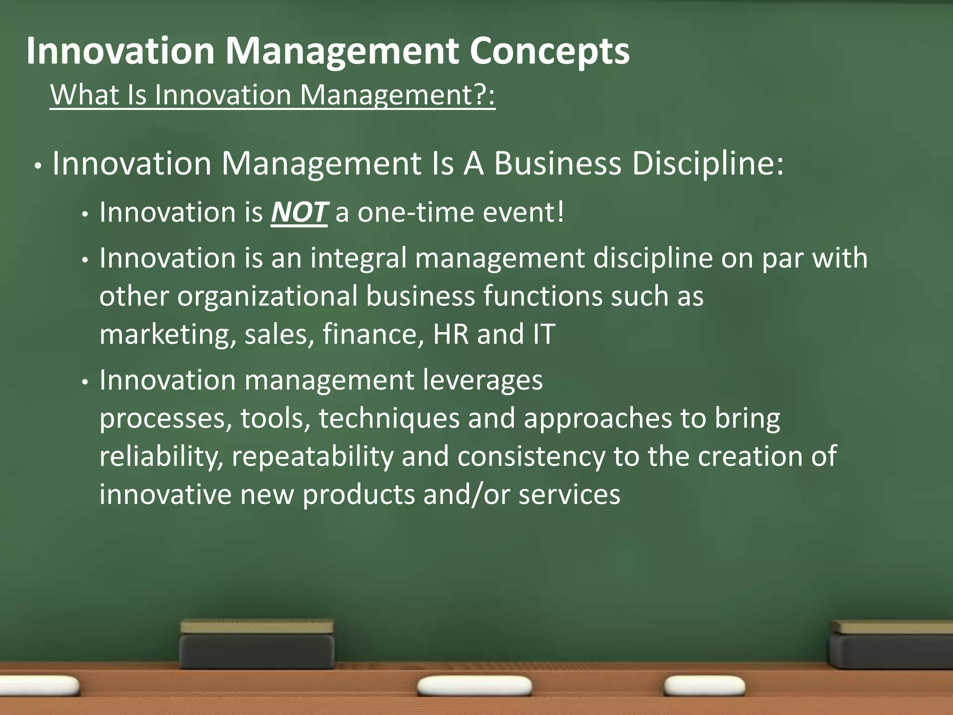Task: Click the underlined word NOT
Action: [x=299, y=213]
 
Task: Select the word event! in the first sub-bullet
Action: [x=523, y=213]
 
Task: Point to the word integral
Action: [x=358, y=259]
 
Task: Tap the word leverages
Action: [x=483, y=380]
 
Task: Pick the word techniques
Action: [x=389, y=418]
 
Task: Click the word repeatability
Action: [x=313, y=457]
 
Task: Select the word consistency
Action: [x=531, y=457]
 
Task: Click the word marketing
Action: [x=168, y=334]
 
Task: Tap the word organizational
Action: [x=268, y=297]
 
